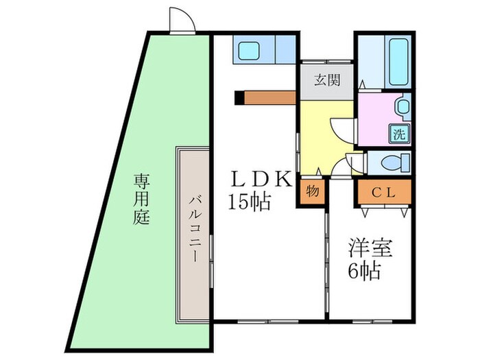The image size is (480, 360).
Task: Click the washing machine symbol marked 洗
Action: pos(398,134)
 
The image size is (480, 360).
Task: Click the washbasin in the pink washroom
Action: pos(403,107)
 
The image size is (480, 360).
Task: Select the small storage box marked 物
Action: pos(311,191)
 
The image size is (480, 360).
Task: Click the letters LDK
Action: pos(261,180)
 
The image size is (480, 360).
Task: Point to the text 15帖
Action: pos(250,202)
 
